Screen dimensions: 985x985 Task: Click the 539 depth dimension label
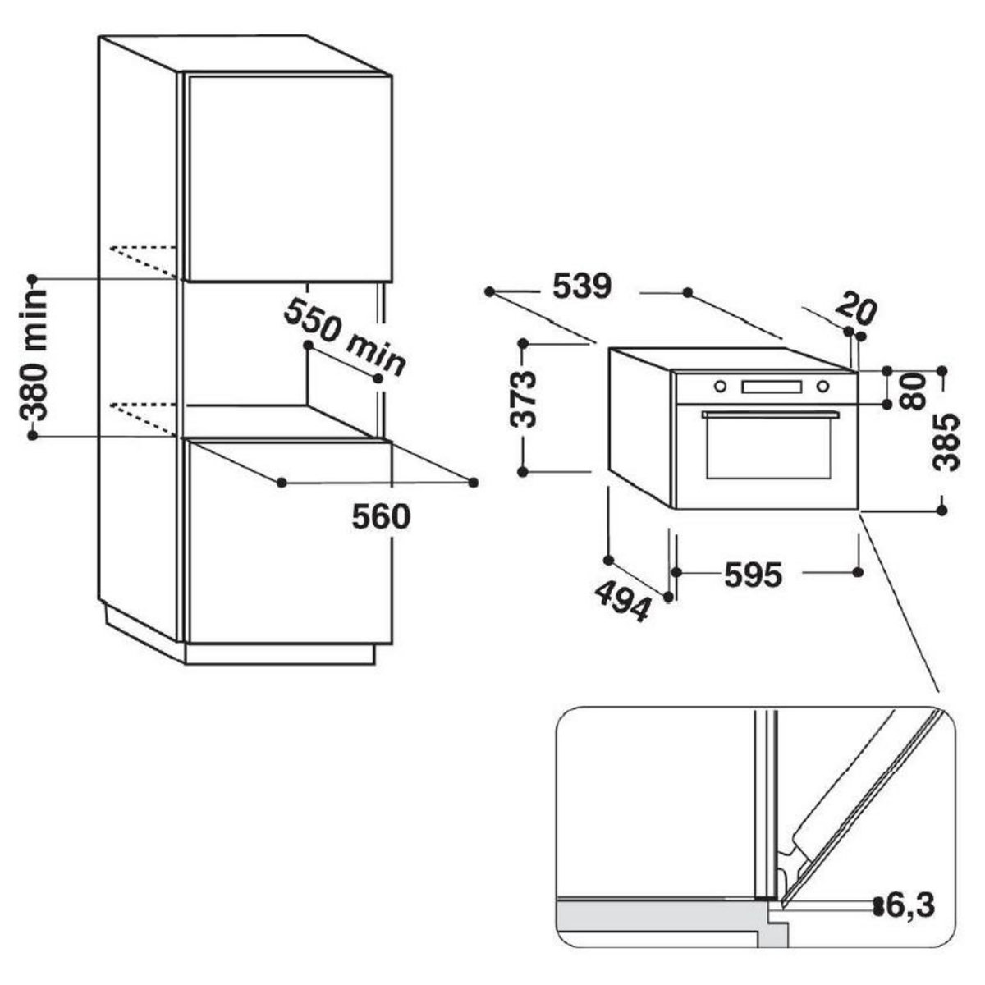pyautogui.click(x=582, y=286)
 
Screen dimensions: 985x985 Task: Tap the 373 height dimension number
pyautogui.click(x=524, y=399)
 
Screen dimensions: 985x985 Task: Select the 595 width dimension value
pyautogui.click(x=753, y=575)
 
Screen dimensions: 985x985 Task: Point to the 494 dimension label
pyautogui.click(x=622, y=600)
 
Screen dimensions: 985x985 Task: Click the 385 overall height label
pyautogui.click(x=947, y=442)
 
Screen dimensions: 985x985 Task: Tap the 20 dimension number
pyautogui.click(x=856, y=309)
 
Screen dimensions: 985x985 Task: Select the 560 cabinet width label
pyautogui.click(x=380, y=517)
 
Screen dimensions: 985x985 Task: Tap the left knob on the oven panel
pyautogui.click(x=720, y=386)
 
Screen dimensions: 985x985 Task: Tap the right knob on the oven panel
pyautogui.click(x=822, y=387)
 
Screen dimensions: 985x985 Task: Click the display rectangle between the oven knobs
pyautogui.click(x=772, y=387)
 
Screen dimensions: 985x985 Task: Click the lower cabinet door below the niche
pyautogui.click(x=287, y=542)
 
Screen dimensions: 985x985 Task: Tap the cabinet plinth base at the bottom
pyautogui.click(x=279, y=653)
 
